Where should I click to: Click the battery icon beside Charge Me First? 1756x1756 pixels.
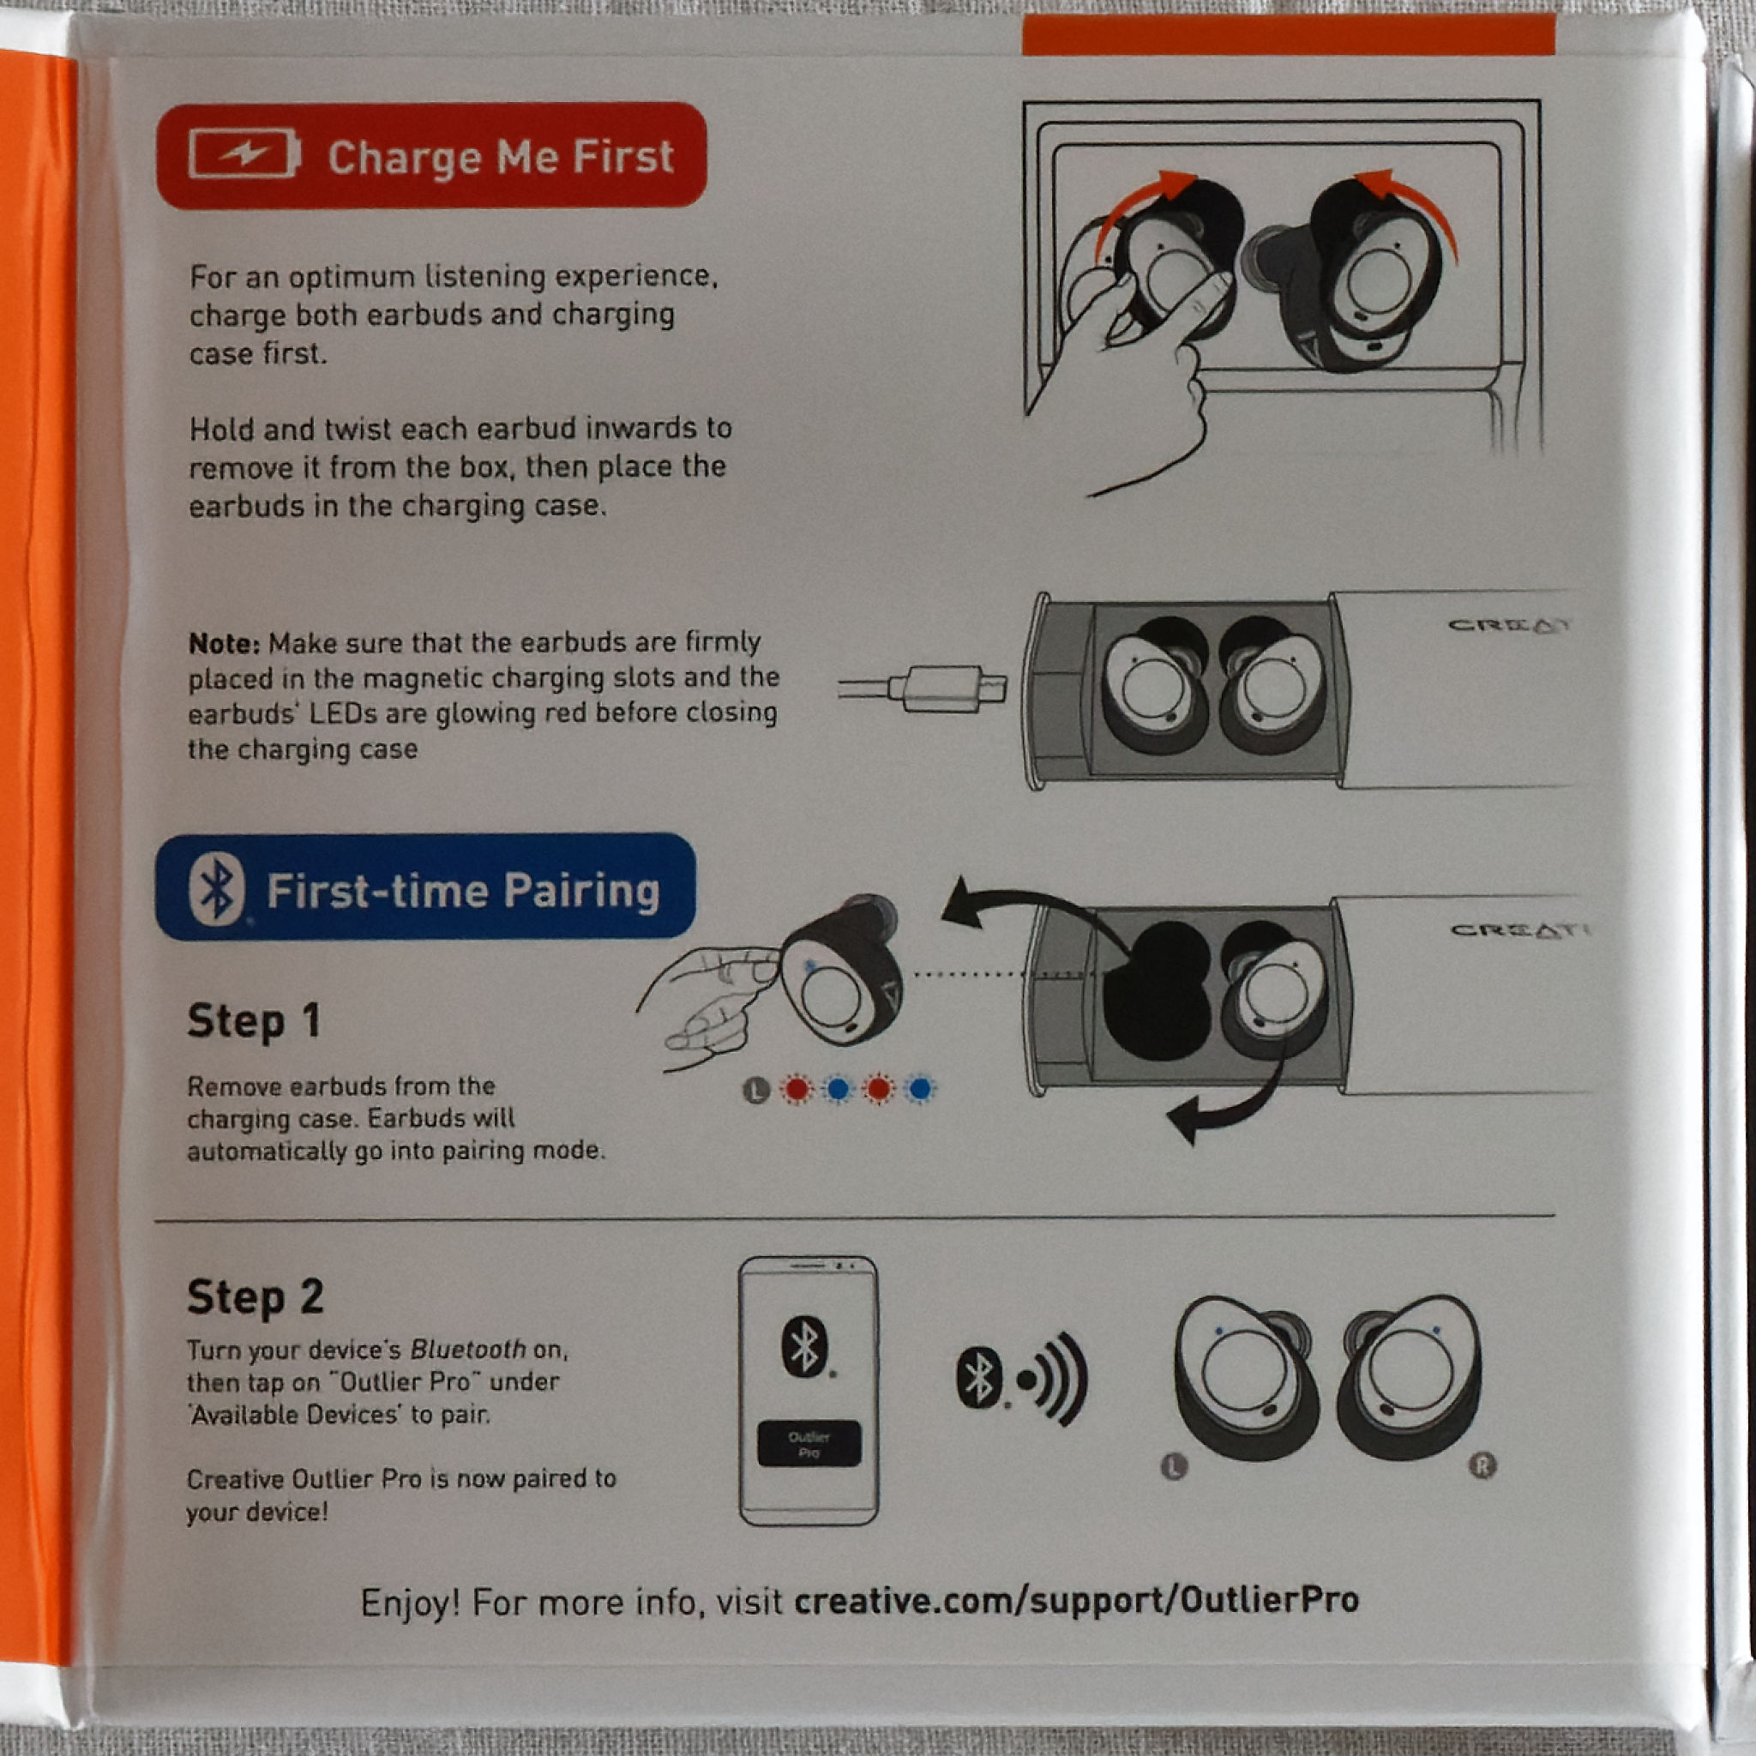coord(244,153)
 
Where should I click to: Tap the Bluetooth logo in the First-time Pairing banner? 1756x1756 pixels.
coord(216,888)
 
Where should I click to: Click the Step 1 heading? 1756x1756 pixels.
coord(254,1021)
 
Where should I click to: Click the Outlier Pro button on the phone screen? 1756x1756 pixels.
coord(808,1443)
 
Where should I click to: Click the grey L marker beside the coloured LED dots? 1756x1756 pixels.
coord(756,1089)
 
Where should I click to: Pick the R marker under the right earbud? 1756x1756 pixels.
coord(1482,1465)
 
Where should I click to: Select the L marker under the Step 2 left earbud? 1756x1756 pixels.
coord(1175,1466)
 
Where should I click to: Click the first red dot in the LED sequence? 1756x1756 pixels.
coord(797,1088)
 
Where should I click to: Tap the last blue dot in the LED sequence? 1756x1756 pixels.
coord(920,1088)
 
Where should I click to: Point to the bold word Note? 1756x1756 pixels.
coord(224,644)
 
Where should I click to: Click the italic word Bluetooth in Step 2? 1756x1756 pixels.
coord(468,1349)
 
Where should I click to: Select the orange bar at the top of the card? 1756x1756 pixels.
coord(1288,34)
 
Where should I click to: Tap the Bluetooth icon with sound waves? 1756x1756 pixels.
coord(1021,1379)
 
